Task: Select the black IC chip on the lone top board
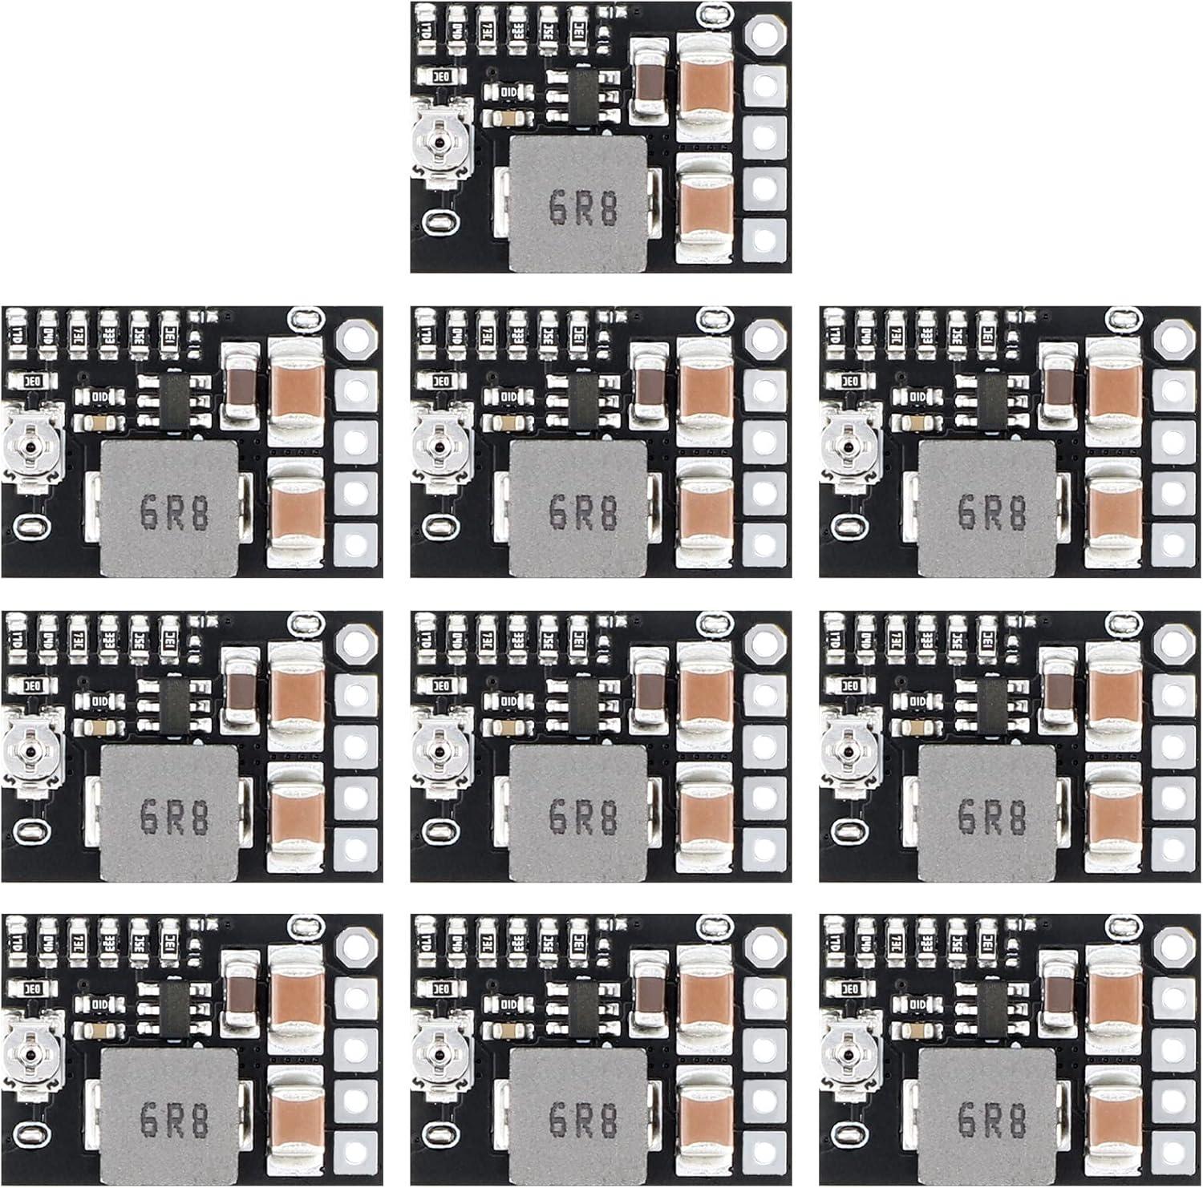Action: [585, 94]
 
